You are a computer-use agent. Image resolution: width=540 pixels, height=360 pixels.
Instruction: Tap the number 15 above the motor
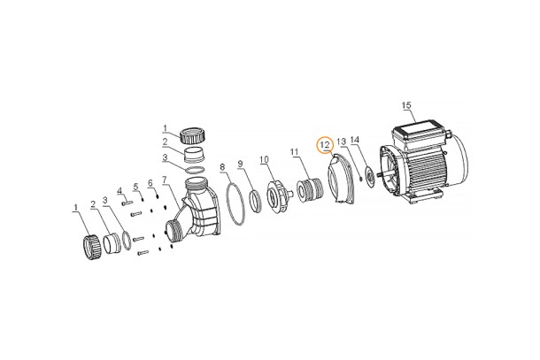click(406, 105)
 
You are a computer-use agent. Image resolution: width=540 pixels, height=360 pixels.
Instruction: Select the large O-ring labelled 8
click(235, 204)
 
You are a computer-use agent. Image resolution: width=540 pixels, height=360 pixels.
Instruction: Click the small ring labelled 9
click(256, 201)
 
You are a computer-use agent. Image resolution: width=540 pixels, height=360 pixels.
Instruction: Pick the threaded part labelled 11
click(309, 190)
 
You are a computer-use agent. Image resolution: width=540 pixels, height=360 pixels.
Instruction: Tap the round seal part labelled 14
click(370, 179)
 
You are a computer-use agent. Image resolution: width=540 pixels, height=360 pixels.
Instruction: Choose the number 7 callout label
click(165, 180)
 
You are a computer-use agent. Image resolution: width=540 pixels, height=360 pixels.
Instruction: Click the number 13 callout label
click(342, 142)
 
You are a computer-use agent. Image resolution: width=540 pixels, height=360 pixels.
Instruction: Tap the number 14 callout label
click(355, 140)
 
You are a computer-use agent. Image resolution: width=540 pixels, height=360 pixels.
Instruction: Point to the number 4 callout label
click(120, 191)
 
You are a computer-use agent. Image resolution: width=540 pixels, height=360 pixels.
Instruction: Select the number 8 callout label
click(222, 167)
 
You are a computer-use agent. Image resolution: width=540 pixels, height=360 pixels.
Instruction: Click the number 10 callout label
click(264, 159)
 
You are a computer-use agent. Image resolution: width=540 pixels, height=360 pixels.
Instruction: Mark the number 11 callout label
click(294, 151)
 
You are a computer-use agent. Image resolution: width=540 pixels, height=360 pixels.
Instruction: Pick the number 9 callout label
click(241, 164)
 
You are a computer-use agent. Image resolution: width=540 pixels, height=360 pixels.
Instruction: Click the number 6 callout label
click(150, 183)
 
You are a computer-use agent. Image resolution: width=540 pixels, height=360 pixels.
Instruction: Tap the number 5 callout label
click(135, 187)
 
